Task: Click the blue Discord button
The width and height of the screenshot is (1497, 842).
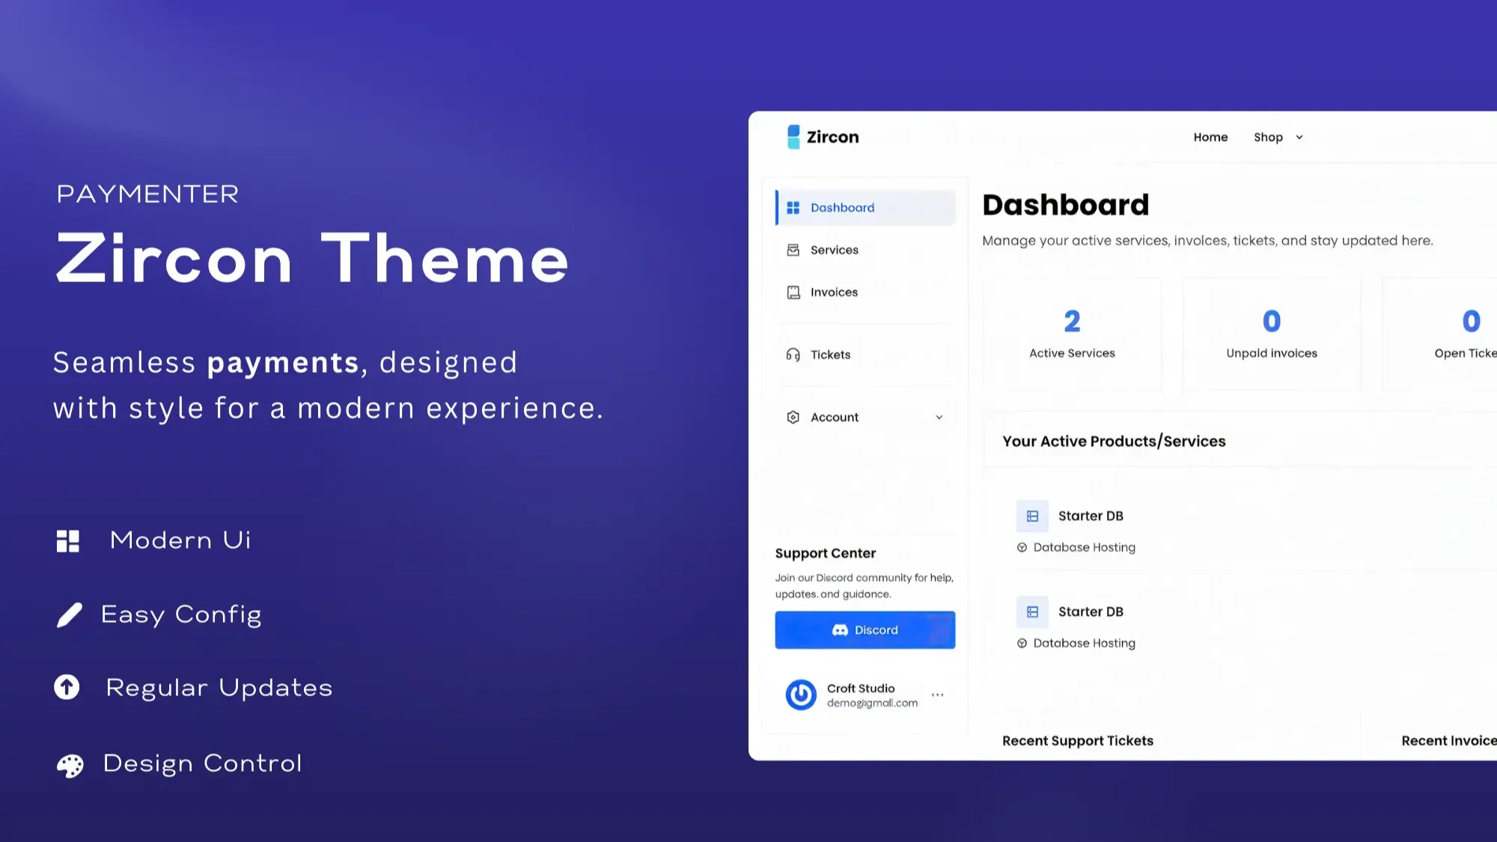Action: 865,629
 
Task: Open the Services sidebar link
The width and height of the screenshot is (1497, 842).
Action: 834,250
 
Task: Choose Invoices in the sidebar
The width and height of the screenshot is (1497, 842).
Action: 834,292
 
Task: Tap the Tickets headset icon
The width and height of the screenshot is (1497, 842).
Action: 793,355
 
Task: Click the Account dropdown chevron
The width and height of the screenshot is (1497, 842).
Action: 939,418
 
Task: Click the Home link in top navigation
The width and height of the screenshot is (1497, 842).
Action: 1210,137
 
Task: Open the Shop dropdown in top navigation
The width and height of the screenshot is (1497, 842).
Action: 1278,137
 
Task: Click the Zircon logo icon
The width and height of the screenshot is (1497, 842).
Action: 793,137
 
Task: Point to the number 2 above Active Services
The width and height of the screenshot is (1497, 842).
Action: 1072,322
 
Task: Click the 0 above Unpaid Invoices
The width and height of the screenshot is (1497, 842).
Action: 1272,322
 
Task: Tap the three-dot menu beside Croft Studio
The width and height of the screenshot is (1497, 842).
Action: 937,695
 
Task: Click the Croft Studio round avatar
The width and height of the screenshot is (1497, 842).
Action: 801,695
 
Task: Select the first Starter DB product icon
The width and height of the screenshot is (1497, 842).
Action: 1032,516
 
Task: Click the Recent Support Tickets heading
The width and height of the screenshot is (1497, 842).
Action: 1078,741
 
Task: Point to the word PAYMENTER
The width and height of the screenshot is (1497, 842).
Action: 147,194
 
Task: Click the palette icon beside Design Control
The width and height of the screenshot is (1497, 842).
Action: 70,766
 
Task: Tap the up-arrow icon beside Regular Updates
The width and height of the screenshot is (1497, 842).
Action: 67,687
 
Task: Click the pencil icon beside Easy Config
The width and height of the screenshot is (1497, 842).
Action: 70,615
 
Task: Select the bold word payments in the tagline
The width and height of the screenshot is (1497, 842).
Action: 284,364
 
